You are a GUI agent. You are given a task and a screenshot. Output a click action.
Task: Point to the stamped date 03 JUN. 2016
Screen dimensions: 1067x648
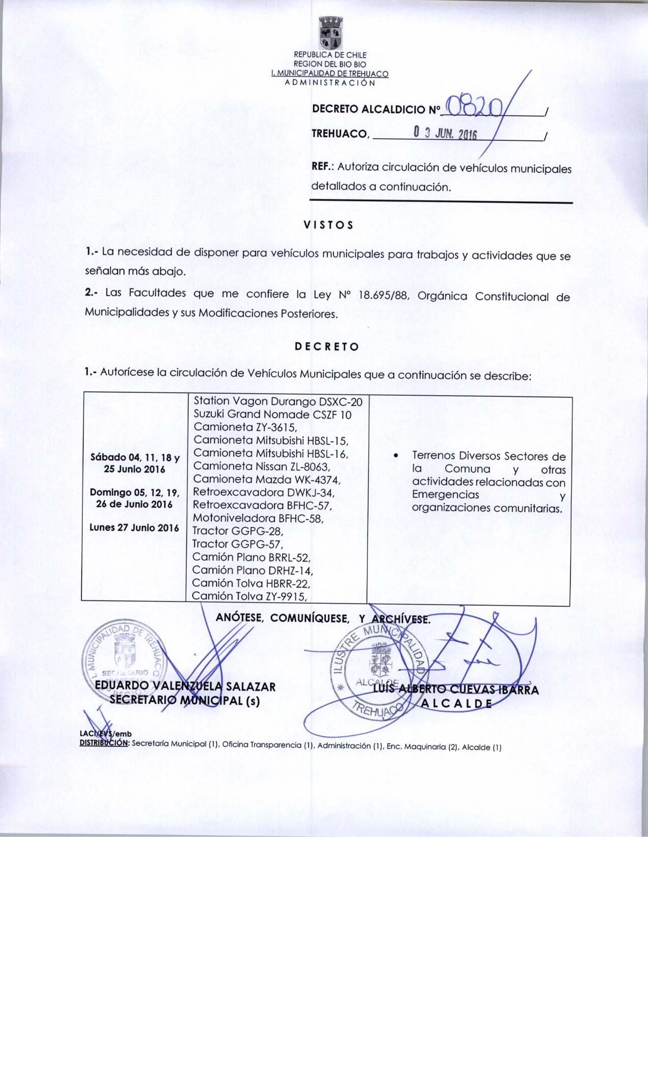[x=443, y=134]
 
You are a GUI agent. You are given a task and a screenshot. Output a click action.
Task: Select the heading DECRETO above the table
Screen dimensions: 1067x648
[x=327, y=347]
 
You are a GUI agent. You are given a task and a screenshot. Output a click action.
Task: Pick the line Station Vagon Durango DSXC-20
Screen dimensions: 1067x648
[x=278, y=402]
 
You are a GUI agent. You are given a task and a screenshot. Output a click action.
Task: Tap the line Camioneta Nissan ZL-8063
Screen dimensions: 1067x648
[x=262, y=466]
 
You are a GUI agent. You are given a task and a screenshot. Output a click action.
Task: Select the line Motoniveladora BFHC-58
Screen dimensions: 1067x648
[x=258, y=519]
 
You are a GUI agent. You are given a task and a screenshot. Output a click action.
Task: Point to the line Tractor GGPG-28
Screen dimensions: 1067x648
[x=237, y=531]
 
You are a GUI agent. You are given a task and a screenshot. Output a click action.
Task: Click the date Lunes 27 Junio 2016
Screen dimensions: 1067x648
[x=134, y=527]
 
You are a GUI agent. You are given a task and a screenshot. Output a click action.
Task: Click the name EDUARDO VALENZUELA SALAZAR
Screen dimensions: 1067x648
[x=186, y=687]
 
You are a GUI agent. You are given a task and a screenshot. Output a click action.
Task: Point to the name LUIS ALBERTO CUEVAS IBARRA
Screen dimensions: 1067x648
[x=455, y=689]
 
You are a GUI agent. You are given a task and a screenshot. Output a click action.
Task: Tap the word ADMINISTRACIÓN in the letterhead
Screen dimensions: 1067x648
[x=330, y=82]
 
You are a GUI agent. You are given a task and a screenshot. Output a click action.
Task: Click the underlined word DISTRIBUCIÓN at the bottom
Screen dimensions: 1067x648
[x=105, y=743]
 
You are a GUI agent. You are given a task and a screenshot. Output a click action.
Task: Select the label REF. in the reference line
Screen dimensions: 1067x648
[x=322, y=167]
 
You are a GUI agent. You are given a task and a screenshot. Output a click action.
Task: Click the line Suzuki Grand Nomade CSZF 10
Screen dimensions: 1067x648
[x=272, y=415]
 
